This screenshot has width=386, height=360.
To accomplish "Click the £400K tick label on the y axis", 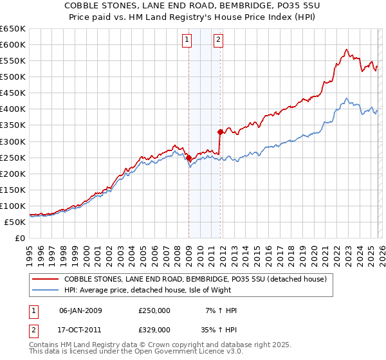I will pos(13,109).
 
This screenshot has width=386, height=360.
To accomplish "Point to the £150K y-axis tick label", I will pos(13,190).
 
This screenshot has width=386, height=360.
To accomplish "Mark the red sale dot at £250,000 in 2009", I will pos(188,157).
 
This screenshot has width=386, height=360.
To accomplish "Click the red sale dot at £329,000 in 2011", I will pos(220,132).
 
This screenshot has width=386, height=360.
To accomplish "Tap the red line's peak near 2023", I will pos(346,50).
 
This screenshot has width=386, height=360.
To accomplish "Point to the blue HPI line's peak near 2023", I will pos(346,98).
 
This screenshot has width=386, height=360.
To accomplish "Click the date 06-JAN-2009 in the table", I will pos(80,310).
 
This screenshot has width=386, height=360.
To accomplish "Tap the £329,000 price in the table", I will pos(154,329).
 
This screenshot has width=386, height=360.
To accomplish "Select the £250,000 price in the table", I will pos(154,310).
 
